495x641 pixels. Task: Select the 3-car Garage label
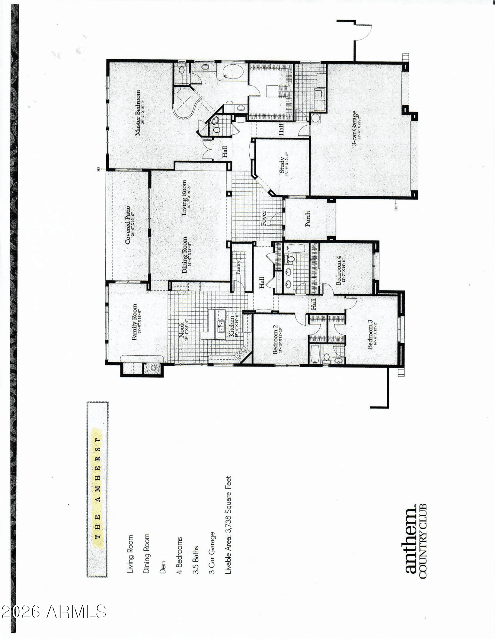tap(355, 129)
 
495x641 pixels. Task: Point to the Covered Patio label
tap(128, 225)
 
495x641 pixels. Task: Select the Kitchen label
tap(231, 327)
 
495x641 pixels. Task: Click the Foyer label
tap(264, 218)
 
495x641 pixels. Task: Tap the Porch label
tap(308, 219)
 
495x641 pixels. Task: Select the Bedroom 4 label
tap(339, 271)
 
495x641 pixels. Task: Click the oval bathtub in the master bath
tap(232, 71)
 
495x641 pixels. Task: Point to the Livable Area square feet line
tap(228, 525)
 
